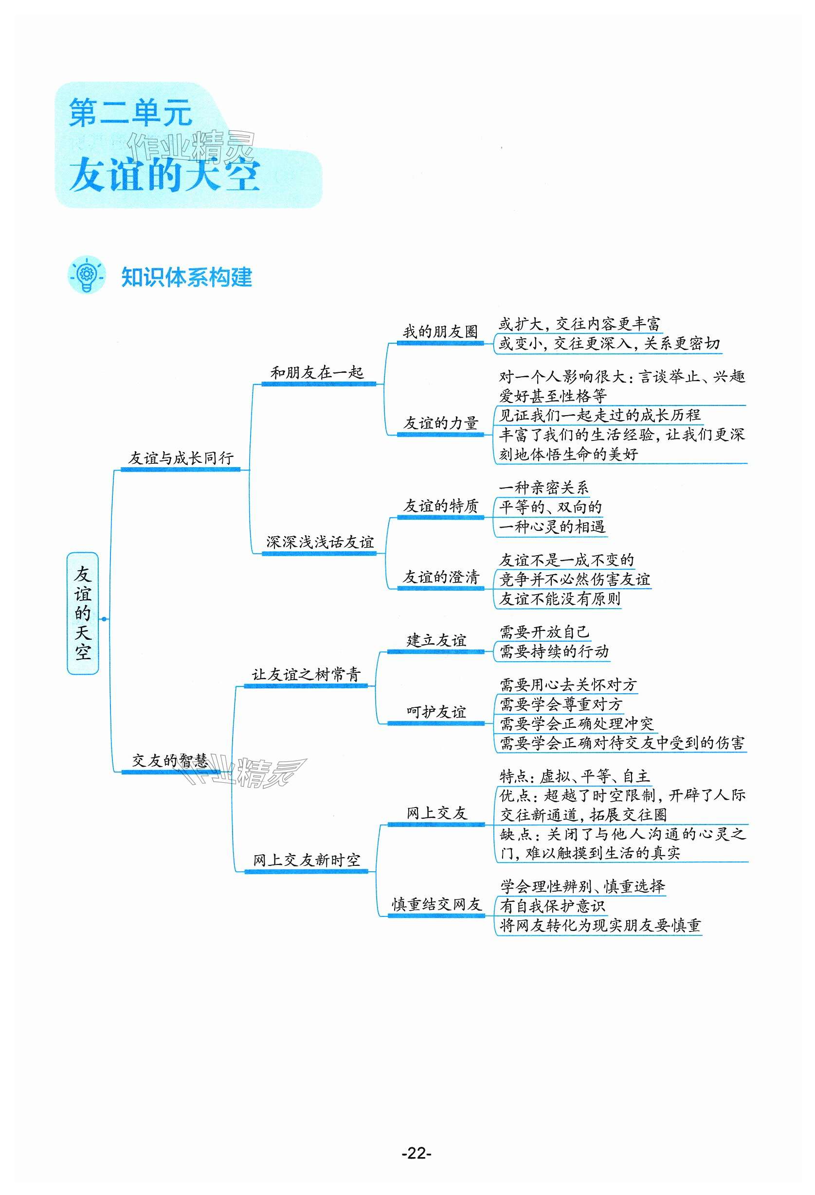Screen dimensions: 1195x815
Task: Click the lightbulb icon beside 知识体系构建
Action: (86, 275)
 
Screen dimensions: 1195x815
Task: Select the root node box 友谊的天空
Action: (82, 613)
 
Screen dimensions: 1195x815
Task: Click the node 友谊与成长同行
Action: (181, 457)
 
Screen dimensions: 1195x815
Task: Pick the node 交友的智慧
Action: (170, 760)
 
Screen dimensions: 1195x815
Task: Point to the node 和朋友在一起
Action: (317, 372)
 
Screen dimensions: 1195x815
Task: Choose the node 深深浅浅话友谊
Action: (320, 542)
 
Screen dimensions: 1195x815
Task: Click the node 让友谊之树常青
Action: (306, 674)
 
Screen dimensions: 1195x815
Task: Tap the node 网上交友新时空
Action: (306, 860)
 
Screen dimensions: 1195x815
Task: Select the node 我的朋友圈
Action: (440, 332)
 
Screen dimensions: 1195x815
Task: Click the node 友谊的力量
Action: (440, 423)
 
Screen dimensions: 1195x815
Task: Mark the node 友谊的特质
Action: (440, 506)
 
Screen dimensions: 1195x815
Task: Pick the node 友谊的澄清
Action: (440, 577)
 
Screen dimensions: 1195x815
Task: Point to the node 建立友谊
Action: (436, 640)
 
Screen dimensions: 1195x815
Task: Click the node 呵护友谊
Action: (436, 712)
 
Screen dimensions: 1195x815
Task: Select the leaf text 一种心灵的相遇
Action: (552, 527)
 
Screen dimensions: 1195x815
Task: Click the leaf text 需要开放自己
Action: (544, 632)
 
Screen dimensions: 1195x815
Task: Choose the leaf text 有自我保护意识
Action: (552, 906)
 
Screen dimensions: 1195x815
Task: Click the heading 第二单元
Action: (130, 113)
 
